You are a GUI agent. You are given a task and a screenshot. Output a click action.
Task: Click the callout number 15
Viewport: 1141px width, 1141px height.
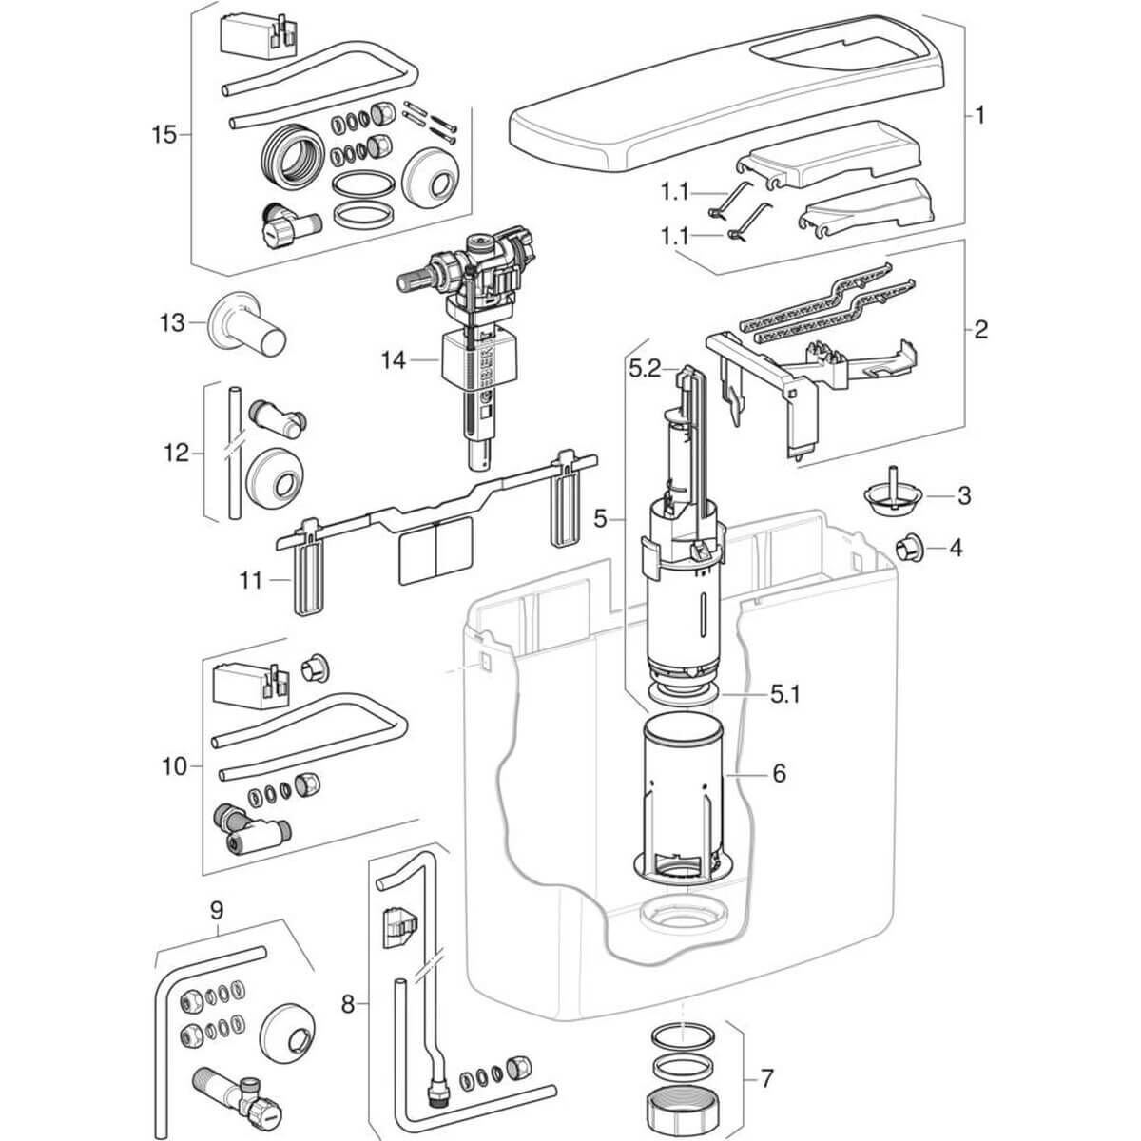(164, 134)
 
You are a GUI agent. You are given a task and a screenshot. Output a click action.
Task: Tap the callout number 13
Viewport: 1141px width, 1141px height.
(171, 323)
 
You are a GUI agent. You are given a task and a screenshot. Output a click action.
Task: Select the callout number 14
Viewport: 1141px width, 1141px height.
(394, 360)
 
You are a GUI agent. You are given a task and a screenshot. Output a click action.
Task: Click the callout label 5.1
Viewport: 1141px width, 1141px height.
(785, 694)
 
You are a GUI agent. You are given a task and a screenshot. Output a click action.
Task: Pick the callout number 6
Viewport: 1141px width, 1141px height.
(779, 773)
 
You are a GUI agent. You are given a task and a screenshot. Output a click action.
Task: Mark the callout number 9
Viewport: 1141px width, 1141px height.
(216, 909)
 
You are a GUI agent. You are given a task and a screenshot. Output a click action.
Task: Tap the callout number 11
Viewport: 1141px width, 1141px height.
(249, 578)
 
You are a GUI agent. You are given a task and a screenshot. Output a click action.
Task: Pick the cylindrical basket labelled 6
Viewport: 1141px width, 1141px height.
(686, 799)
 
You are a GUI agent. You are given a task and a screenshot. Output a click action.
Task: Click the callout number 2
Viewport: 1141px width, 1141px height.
(980, 330)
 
